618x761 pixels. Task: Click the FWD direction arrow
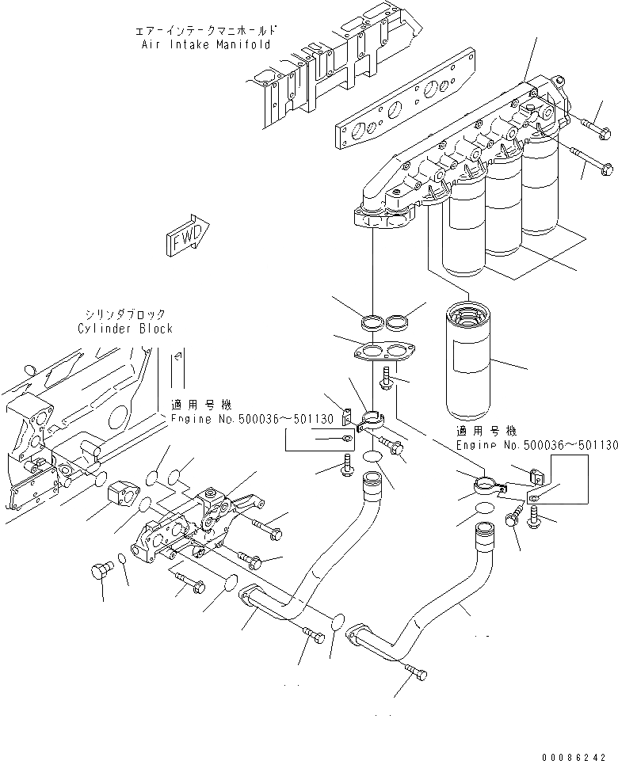[x=187, y=235]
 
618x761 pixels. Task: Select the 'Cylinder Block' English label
[x=125, y=328]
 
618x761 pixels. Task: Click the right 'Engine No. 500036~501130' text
[x=536, y=446]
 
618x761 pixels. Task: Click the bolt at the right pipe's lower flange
[x=418, y=674]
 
